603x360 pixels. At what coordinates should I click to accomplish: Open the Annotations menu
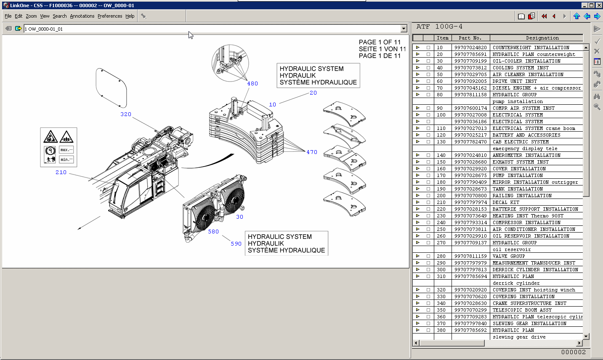point(82,16)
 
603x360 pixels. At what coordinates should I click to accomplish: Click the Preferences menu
point(110,16)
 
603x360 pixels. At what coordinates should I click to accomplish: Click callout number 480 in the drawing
point(252,84)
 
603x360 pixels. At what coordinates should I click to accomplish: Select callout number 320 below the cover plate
point(126,114)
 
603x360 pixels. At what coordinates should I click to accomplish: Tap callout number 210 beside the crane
point(61,172)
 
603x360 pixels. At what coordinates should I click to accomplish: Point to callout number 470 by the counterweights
point(312,152)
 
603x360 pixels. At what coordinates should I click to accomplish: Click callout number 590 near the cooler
point(236,244)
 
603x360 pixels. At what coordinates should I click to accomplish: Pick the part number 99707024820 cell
point(470,48)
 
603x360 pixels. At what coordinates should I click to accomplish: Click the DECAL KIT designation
point(506,202)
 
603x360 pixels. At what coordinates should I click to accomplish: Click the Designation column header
point(542,38)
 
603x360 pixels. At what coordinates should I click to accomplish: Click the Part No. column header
point(470,38)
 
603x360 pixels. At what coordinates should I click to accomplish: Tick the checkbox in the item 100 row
point(428,115)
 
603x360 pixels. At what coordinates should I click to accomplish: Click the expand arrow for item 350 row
point(417,310)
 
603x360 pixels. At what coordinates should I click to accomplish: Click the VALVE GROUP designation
point(508,256)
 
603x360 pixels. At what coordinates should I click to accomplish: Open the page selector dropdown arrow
point(404,29)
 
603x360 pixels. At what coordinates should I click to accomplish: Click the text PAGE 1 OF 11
point(380,42)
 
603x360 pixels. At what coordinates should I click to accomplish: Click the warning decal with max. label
point(66,150)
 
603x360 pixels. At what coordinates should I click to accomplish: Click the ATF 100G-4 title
point(439,26)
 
